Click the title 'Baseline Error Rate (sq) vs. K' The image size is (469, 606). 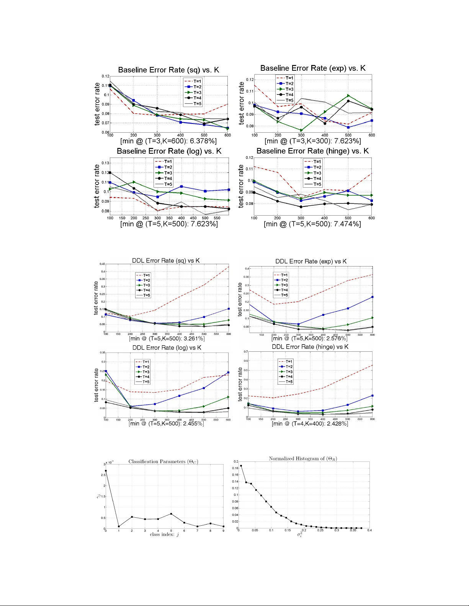168,70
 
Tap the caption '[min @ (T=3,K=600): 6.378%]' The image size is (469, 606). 168,141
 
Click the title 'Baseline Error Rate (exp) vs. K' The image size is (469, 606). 313,68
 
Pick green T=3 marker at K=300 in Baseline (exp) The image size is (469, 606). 301,130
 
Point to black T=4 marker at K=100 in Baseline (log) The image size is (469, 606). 110,172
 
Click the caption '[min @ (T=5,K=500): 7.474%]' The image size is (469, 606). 312,224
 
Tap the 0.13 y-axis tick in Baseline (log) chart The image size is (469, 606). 105,163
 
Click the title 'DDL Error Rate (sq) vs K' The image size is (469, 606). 166,260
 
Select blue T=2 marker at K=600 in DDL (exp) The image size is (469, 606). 372,297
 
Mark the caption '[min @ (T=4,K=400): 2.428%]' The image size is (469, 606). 310,424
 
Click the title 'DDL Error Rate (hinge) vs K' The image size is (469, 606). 310,347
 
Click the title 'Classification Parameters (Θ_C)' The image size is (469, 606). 163,461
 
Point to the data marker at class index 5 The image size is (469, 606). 171,514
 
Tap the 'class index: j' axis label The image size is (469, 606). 164,535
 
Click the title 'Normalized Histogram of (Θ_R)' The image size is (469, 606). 303,458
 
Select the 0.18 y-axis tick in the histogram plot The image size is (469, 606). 235,468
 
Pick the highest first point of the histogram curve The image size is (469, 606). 241,466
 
